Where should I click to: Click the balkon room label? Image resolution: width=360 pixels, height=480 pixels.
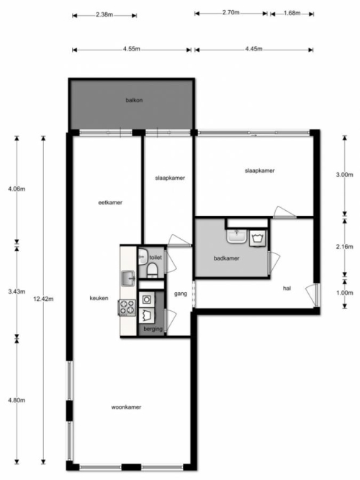pos(134,100)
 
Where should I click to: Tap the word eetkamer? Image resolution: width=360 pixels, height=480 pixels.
pos(110,202)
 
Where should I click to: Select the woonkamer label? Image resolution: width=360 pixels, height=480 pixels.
pos(126,407)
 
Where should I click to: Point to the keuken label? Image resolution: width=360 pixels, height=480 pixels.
pos(99,298)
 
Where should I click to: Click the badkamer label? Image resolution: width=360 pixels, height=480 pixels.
pos(226,258)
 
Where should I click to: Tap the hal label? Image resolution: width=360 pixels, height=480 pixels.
pos(287,288)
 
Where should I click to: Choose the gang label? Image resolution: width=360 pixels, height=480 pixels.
pos(181,294)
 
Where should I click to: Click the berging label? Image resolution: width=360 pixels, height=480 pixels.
pos(153,329)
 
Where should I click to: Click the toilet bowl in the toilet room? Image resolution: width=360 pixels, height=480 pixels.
pos(152,271)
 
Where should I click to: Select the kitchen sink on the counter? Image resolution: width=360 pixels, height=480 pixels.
pos(128,279)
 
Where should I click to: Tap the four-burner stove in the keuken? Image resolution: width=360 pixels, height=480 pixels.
pos(127,307)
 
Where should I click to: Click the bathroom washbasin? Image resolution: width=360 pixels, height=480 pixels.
pos(237,236)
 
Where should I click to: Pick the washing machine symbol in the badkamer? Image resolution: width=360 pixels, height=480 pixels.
pos(257,238)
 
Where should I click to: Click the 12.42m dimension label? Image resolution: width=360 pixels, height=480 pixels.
pos(43,299)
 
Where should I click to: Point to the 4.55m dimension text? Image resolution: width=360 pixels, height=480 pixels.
pos(132,49)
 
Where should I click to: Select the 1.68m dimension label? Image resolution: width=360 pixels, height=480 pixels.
pos(292,13)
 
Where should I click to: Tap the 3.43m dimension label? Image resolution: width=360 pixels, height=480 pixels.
pos(17,291)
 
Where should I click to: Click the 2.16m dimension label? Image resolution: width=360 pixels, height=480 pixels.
pos(345,246)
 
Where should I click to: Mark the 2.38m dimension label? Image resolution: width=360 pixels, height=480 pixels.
pos(104,14)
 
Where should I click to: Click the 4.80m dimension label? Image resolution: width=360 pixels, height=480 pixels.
pos(17,400)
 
